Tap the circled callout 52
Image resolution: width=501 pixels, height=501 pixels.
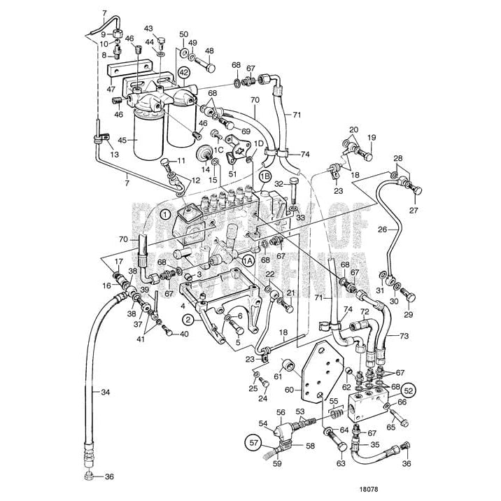click(x=409, y=390)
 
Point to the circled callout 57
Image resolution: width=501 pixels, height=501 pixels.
click(x=253, y=442)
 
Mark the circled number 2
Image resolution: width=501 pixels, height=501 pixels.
click(x=188, y=320)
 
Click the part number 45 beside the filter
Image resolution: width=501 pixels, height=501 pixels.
click(x=122, y=140)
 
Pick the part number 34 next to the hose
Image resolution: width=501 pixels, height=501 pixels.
click(x=105, y=392)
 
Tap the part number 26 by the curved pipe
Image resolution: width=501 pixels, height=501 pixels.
click(x=382, y=228)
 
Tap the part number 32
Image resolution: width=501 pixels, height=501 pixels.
click(x=279, y=184)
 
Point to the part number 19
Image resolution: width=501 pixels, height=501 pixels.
click(x=372, y=137)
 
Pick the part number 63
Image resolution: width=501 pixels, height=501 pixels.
click(x=341, y=463)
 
